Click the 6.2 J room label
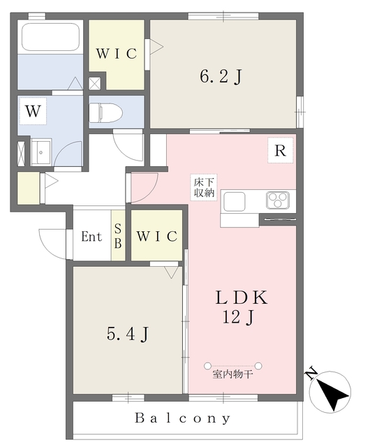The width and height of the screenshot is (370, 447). tap(221, 77)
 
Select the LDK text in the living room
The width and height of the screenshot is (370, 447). tap(241, 298)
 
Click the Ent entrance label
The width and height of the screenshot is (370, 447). tap(91, 236)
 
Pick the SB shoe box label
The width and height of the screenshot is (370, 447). tap(118, 236)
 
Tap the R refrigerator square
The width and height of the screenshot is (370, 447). tap(279, 150)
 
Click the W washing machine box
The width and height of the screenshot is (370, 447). tap(31, 110)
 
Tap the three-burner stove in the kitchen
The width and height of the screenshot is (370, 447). tap(278, 201)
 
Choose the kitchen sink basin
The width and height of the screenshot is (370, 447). tap(234, 203)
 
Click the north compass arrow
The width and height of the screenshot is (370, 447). tap(332, 393)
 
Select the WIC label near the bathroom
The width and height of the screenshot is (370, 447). tap(116, 53)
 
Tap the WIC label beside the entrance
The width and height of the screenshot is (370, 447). tap(157, 236)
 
